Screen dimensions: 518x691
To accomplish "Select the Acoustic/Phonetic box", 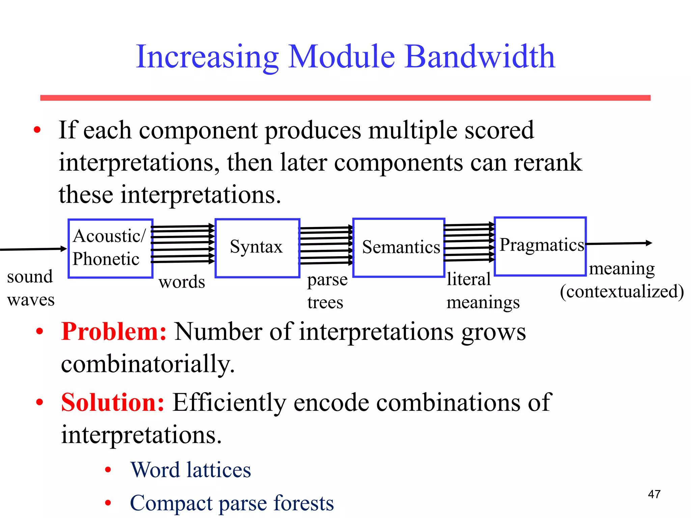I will pos(110,248).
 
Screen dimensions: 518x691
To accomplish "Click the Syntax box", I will pos(257,248).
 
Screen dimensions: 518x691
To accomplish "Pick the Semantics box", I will pos(399,248).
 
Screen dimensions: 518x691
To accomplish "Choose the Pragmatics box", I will pos(540,246).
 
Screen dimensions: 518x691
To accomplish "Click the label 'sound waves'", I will pos(30,288).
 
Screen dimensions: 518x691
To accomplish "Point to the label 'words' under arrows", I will pos(182,282).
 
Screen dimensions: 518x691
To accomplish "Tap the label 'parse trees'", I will pos(327,291).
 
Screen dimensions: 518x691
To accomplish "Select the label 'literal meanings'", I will pos(482,291).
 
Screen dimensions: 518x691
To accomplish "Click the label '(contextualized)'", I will pos(621,291).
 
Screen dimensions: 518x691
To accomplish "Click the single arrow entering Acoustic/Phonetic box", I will pos(34,249).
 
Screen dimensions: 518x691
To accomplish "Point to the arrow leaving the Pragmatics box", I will pos(619,243).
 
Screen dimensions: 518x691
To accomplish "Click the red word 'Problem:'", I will pos(114,332).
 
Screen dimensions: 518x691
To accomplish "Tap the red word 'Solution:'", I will pos(113,403).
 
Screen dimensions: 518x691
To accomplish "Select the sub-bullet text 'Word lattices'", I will pos(191,470).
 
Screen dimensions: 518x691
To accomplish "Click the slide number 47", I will pos(654,494).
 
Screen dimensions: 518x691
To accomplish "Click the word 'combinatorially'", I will pos(147,364).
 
